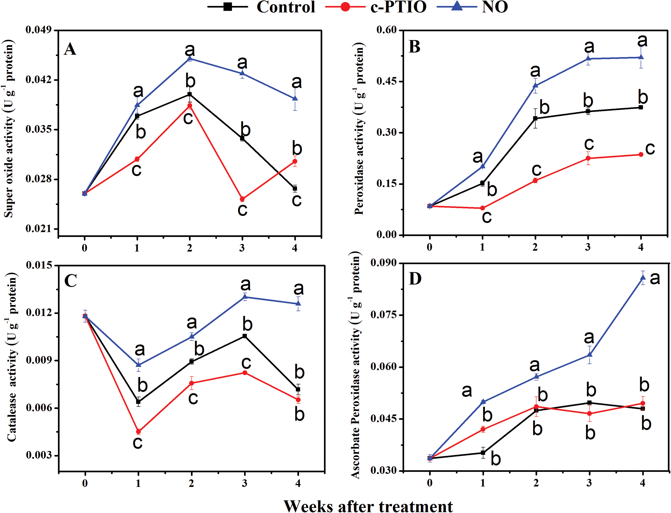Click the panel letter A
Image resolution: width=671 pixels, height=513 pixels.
[70, 49]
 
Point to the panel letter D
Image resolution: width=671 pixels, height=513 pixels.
[415, 278]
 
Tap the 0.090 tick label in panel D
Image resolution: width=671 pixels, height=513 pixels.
[383, 263]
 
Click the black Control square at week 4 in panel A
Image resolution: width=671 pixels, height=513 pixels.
[295, 188]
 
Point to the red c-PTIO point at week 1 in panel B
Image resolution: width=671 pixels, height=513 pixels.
[483, 208]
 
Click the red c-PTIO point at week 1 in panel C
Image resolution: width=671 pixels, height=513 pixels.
[139, 431]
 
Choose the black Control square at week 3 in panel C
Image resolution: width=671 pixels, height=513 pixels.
[245, 336]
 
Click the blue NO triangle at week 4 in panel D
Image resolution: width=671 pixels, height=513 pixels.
[643, 277]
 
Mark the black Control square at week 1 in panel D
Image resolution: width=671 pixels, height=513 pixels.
[483, 453]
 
